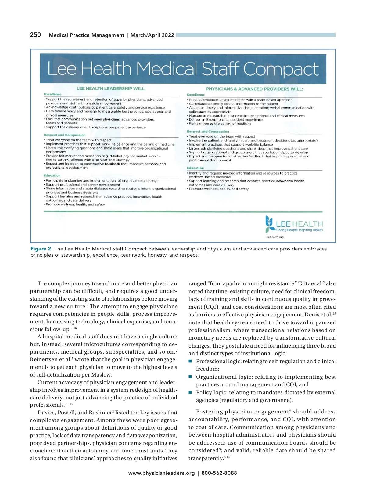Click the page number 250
point(35,35)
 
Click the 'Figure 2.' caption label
point(41,249)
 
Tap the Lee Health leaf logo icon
point(269,224)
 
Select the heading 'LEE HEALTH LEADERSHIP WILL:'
point(111,88)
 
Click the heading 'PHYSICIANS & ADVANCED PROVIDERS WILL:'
point(254,89)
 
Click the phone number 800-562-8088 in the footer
point(219,473)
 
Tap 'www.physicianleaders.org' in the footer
point(161,473)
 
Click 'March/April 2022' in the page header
point(152,35)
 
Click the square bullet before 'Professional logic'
point(190,361)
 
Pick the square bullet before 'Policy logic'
point(190,392)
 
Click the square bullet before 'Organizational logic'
point(190,377)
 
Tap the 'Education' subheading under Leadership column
point(52,175)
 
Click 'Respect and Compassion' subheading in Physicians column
point(208,132)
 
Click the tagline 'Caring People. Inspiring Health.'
point(300,230)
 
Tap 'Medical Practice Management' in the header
point(86,35)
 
